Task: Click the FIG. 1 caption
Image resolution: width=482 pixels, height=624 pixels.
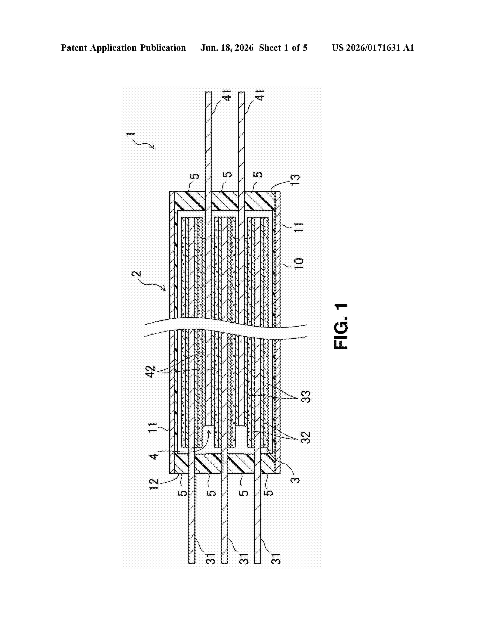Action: pyautogui.click(x=341, y=326)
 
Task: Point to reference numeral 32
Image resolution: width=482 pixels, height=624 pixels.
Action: pyautogui.click(x=306, y=437)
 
